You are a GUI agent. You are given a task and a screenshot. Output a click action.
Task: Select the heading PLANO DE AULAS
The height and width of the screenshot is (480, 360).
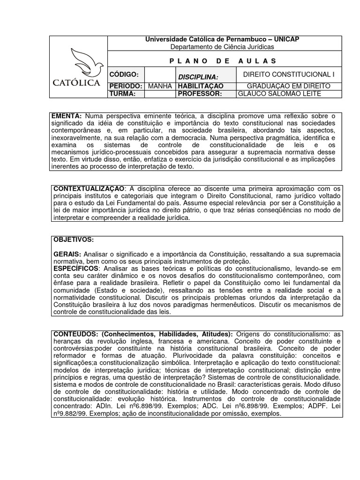pos(222,61)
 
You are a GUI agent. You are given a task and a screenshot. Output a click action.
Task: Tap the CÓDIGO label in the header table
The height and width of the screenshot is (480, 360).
pos(124,75)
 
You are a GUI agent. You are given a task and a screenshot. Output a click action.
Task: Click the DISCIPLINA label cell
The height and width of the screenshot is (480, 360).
pos(198,76)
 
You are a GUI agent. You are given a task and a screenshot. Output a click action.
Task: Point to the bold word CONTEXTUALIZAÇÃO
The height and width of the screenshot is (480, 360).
pos(89,189)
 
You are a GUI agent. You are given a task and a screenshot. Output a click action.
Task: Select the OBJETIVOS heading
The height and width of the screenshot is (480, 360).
pos(74,240)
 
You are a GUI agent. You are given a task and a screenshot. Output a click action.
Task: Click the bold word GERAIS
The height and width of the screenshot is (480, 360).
pos(67,254)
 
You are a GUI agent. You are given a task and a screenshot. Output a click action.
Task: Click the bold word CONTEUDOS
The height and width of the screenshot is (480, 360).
pos(75,334)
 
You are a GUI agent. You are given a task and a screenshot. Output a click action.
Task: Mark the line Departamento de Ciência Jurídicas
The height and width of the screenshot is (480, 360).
pos(222,47)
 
